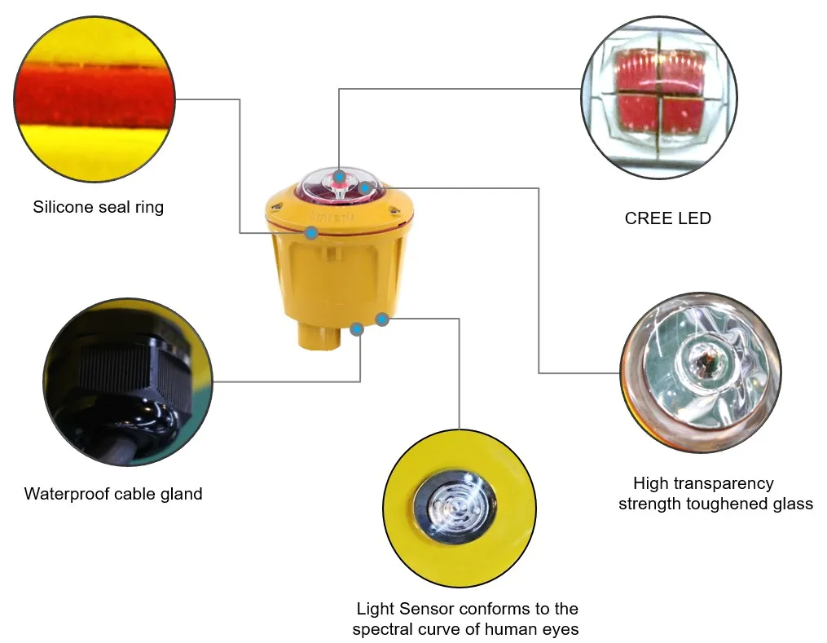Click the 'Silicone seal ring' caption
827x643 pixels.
[98, 207]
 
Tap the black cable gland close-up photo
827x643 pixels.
[127, 381]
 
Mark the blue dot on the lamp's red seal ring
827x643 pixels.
[311, 234]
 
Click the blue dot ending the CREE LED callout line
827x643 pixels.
[339, 175]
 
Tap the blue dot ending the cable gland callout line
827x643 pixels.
[356, 329]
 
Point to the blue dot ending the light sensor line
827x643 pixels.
[382, 319]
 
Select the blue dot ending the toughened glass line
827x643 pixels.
[365, 188]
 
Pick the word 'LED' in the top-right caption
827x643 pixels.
[695, 218]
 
